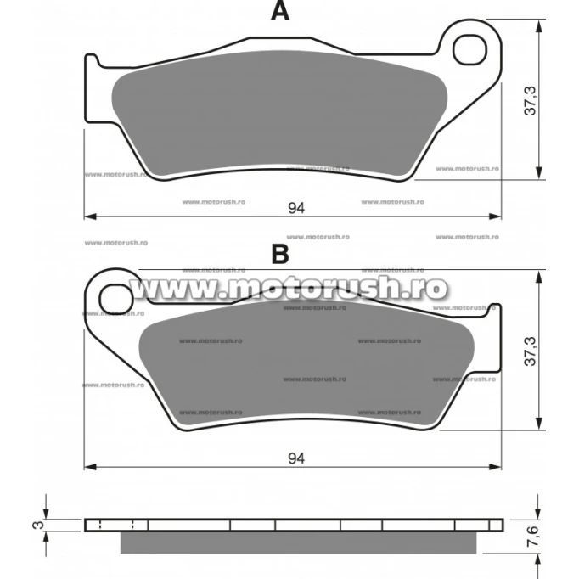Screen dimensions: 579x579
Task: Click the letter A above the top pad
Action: [280, 10]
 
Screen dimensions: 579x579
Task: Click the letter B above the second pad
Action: [280, 254]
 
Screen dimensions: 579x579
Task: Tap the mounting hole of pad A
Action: [470, 50]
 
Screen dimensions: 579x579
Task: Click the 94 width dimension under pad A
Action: [296, 208]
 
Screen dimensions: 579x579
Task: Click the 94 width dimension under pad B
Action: [296, 458]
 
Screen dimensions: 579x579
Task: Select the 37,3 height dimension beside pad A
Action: [531, 101]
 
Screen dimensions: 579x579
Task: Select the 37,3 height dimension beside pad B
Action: [531, 351]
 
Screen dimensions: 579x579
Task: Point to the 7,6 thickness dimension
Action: [532, 537]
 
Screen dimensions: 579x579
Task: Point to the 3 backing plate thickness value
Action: [38, 525]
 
